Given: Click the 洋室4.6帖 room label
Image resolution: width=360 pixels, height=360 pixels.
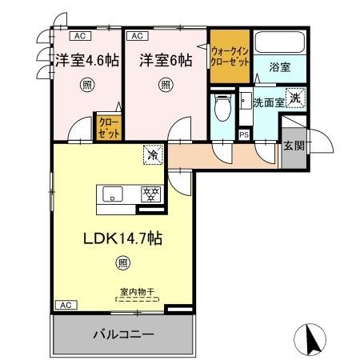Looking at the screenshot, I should tap(86, 60).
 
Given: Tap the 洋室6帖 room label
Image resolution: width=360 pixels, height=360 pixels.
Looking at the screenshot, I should tap(165, 60).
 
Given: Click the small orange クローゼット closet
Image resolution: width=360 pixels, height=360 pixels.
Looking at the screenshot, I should tap(106, 128).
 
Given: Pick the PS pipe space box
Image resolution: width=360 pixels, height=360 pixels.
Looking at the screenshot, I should tap(243, 135).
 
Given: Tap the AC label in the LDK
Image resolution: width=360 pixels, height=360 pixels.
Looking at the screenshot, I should tap(67, 306).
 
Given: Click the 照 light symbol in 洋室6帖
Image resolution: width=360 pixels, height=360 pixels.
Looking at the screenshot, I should tap(165, 83).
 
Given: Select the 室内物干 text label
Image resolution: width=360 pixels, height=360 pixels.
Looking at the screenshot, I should tap(137, 292).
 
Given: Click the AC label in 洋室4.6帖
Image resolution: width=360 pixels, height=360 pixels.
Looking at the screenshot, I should tap(78, 36).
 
